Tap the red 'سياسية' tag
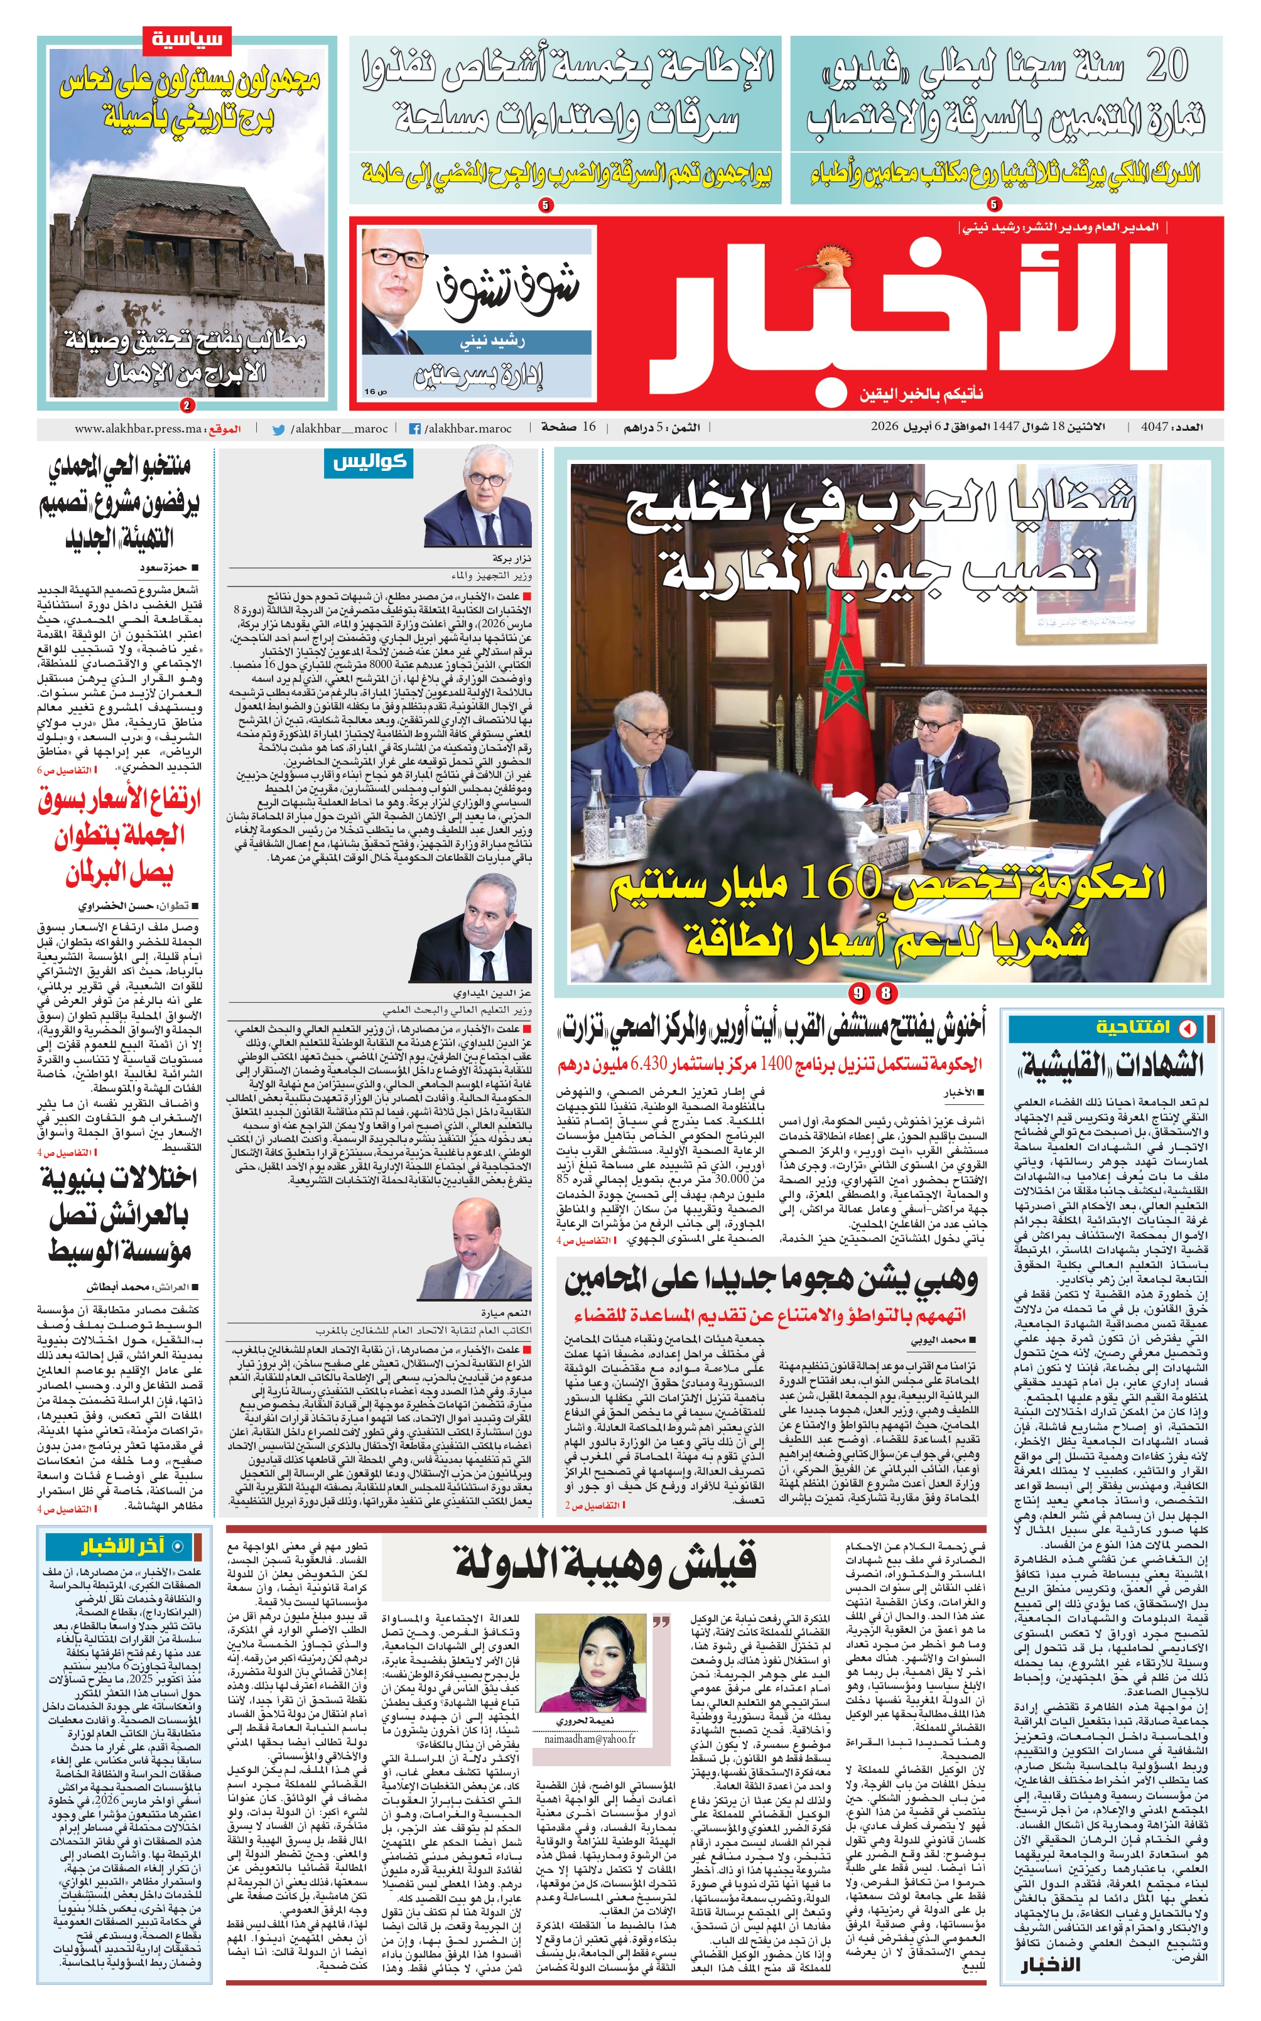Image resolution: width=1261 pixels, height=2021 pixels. point(187,39)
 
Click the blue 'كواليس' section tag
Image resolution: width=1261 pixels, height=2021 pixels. point(369,463)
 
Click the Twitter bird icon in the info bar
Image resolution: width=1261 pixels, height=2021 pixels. point(279,429)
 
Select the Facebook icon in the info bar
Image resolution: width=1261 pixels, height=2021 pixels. point(414,429)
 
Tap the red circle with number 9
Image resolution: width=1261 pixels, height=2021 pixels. point(860,993)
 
